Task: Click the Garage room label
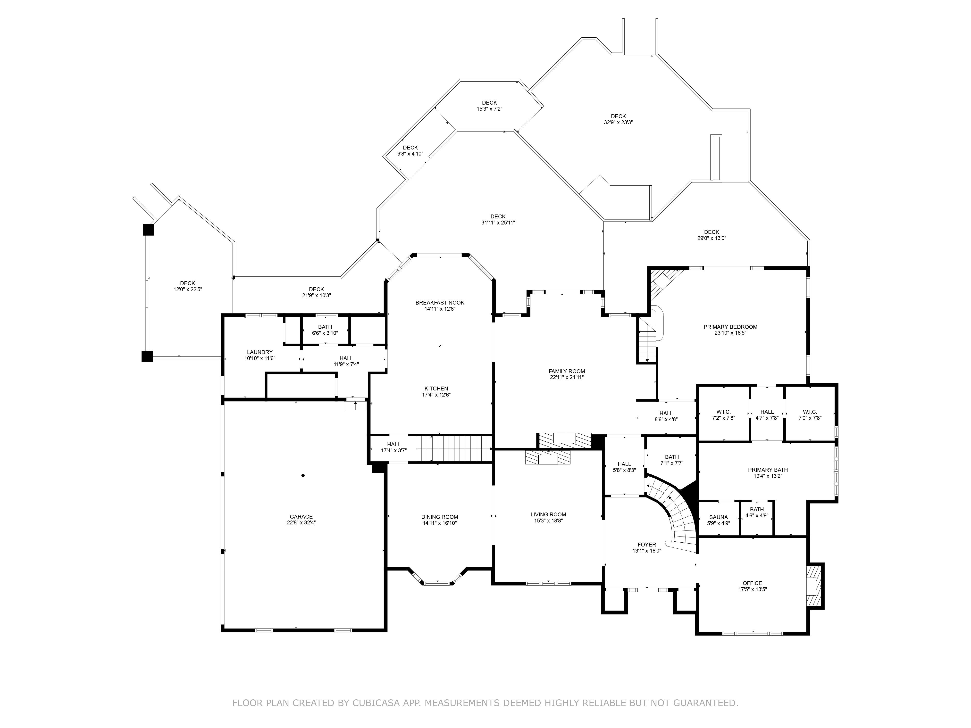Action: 301,516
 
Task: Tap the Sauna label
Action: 718,517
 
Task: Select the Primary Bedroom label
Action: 730,327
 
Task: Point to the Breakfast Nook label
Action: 440,303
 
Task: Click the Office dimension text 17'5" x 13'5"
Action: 752,589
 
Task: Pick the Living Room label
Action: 548,514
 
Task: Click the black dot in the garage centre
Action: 303,475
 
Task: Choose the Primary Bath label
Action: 768,470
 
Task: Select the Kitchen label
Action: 436,388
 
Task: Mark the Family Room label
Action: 567,371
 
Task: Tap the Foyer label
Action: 647,545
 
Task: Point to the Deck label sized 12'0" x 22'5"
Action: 187,283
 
